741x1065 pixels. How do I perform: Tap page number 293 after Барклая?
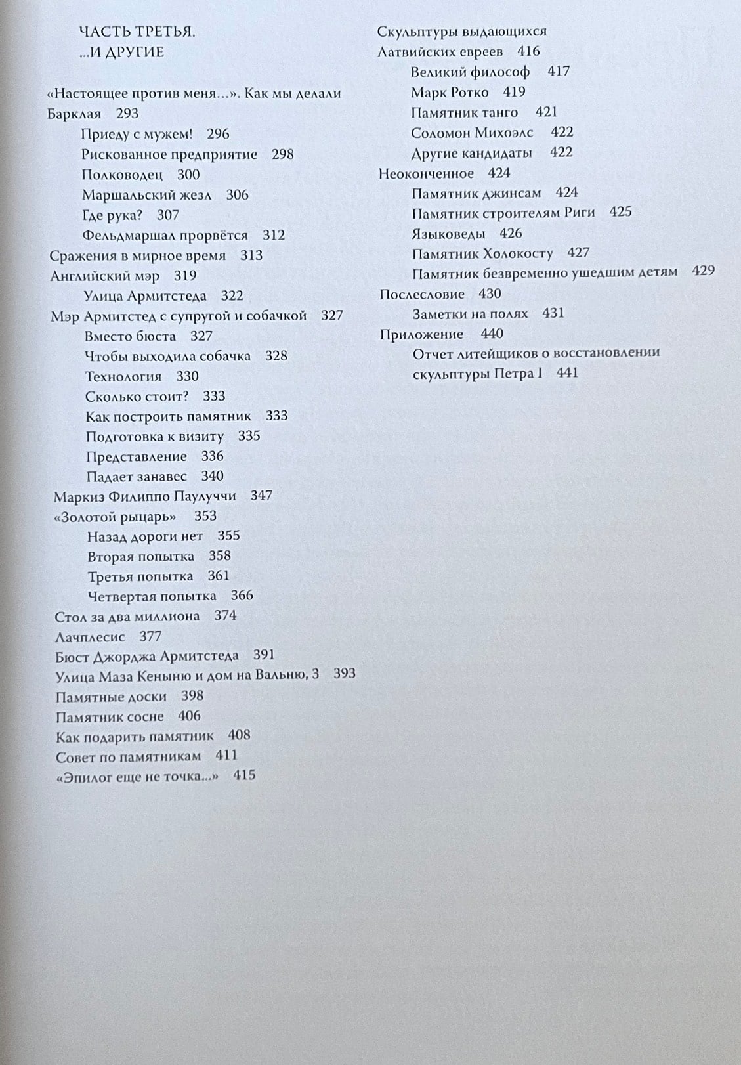(x=127, y=114)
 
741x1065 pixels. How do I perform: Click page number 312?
(x=274, y=235)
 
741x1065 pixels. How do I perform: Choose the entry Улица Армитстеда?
(x=145, y=296)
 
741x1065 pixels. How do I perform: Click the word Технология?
(x=123, y=376)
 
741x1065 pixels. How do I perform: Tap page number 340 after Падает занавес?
(x=212, y=476)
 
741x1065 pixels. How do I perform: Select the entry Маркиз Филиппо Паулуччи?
(x=144, y=496)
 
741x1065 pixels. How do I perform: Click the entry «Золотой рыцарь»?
(x=115, y=517)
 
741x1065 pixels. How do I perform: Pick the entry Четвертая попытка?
(x=152, y=596)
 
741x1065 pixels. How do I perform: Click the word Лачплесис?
(x=90, y=636)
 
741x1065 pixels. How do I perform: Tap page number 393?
(x=344, y=673)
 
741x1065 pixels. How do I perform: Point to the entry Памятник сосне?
(x=110, y=716)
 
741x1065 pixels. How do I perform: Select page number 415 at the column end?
(x=244, y=775)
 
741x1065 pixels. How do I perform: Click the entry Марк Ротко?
(x=450, y=92)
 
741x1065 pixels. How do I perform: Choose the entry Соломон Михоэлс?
(x=472, y=133)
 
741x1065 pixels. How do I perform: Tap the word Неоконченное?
(x=426, y=173)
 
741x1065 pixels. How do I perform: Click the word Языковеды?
(x=448, y=234)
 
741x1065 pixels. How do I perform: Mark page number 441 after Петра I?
(x=567, y=373)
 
